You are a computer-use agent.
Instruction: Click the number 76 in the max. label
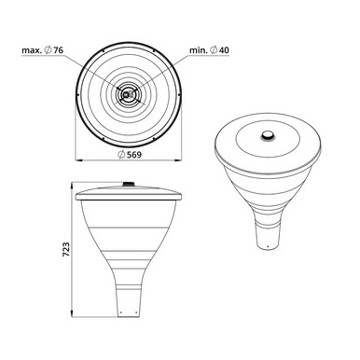point(58,50)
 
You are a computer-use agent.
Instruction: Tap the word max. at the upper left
point(32,50)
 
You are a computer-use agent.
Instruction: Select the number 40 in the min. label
point(224,50)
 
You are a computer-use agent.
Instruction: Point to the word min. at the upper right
point(199,50)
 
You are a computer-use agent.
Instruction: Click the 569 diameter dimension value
point(134,155)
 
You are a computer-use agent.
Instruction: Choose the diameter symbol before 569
point(121,155)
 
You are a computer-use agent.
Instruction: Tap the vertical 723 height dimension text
point(66,250)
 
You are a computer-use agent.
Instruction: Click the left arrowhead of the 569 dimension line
point(79,160)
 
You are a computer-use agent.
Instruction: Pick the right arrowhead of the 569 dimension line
point(178,160)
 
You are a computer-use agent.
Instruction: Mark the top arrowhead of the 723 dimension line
point(72,186)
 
